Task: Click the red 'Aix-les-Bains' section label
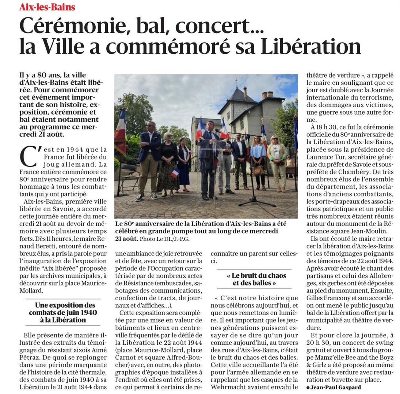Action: click(x=47, y=7)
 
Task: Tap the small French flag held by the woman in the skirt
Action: click(x=175, y=173)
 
